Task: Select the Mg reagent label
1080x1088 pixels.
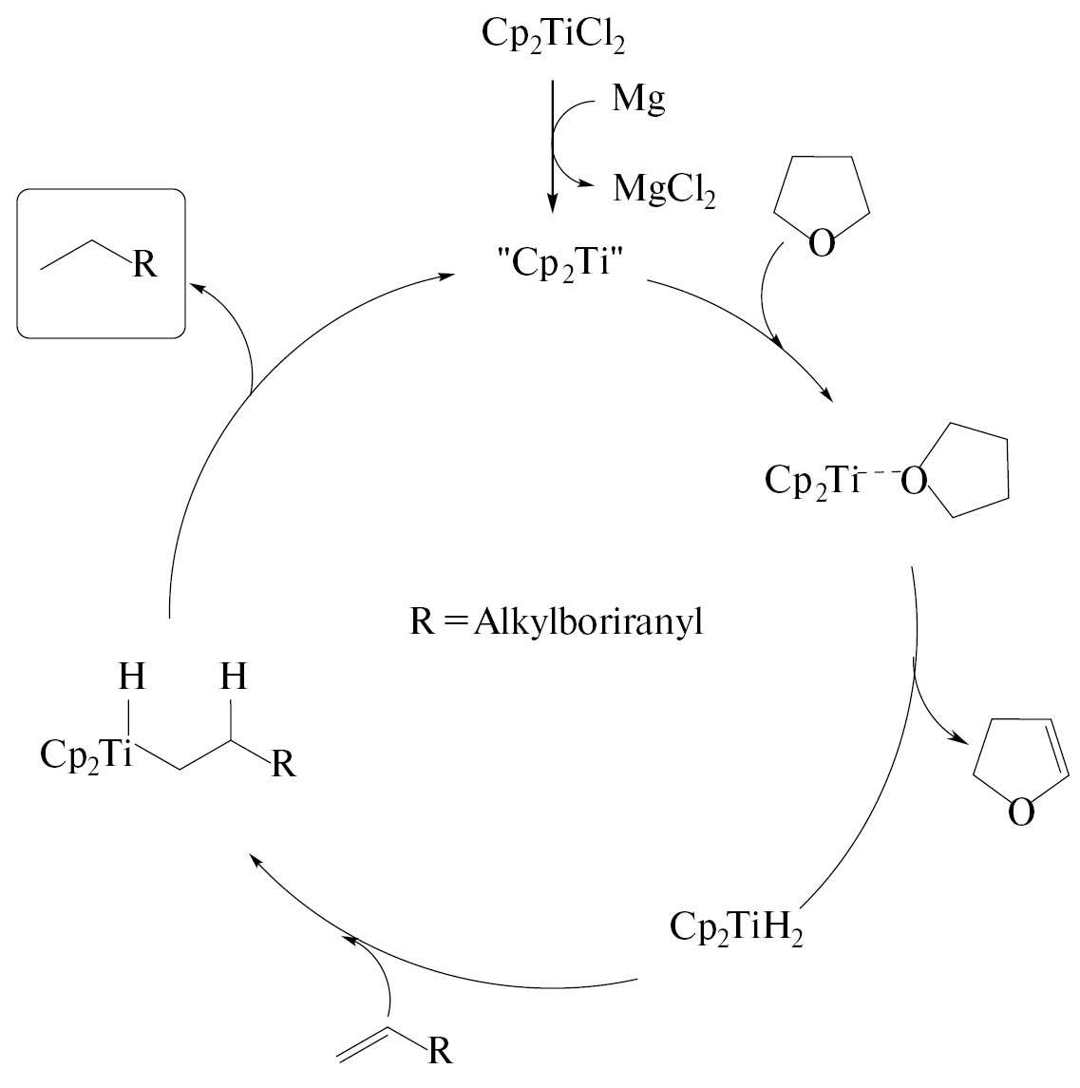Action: tap(638, 99)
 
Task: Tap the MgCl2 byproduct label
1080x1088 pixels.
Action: tap(664, 189)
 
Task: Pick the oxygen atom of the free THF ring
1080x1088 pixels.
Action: tap(823, 244)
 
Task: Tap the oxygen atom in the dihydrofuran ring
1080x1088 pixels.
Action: tap(1020, 812)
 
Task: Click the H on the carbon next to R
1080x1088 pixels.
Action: tap(233, 678)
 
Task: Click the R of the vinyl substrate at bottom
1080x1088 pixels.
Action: tap(438, 1052)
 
